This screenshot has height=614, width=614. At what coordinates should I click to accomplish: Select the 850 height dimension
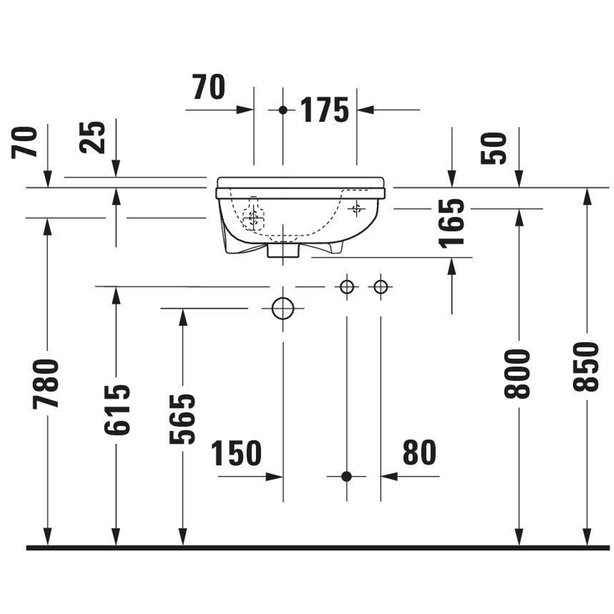tap(586, 367)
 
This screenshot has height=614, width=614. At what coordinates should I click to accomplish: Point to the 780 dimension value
tap(46, 383)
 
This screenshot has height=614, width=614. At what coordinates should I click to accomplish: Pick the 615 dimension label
tap(117, 410)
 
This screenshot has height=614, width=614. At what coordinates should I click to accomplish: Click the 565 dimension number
tap(182, 419)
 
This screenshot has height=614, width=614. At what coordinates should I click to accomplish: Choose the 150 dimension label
tap(236, 453)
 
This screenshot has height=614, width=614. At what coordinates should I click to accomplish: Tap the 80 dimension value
tap(419, 452)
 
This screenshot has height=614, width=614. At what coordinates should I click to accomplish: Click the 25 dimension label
tap(92, 138)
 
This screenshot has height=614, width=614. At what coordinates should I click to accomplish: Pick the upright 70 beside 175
tap(209, 87)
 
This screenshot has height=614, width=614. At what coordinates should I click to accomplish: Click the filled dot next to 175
tap(283, 110)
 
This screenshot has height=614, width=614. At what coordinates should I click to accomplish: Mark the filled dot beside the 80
tap(346, 476)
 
